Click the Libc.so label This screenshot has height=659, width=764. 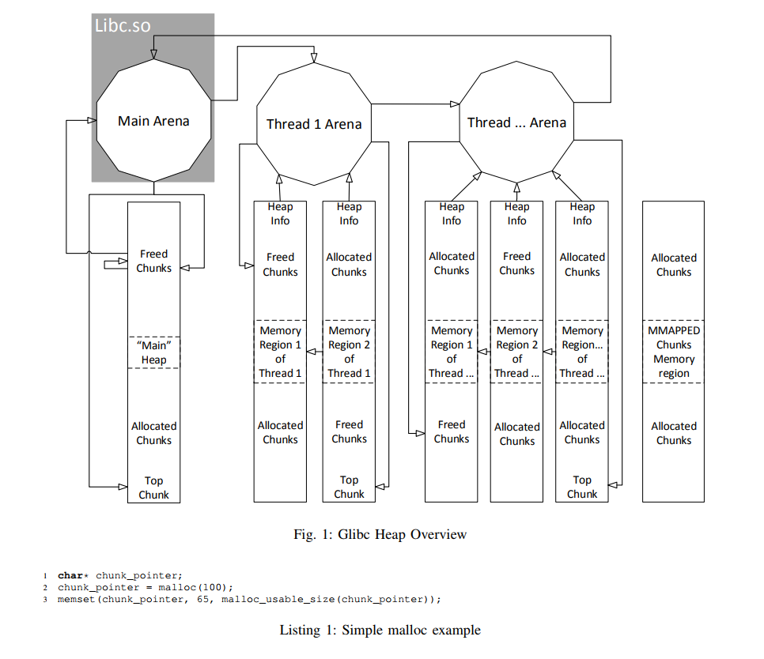(123, 25)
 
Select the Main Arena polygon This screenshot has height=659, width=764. (153, 121)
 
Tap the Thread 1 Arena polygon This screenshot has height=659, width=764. (314, 124)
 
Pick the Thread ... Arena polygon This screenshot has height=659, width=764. (516, 122)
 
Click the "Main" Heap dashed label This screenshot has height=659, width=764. (154, 352)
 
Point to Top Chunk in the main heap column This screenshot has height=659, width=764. (153, 488)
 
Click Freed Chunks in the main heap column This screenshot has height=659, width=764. (153, 261)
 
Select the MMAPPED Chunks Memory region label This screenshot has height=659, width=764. (673, 352)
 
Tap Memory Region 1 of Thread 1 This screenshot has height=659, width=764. (280, 352)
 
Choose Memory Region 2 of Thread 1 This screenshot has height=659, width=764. (349, 352)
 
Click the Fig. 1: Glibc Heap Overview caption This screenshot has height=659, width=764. (380, 534)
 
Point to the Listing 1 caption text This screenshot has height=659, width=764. (380, 630)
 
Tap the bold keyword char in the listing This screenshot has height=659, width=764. (70, 576)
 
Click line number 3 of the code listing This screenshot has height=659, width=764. (45, 600)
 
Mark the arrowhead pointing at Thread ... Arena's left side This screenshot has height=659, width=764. (455, 104)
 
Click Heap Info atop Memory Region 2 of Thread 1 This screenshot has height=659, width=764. (349, 213)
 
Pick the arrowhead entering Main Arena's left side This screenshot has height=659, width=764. (92, 120)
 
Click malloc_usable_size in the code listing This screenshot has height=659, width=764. (278, 599)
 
